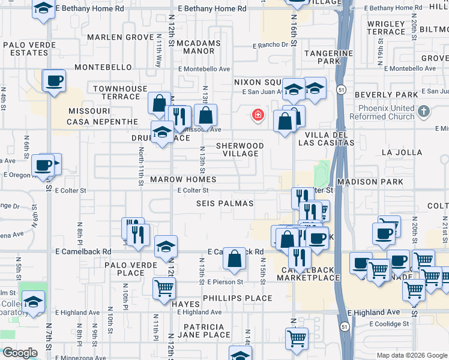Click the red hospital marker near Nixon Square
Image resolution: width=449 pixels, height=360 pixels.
(259, 115)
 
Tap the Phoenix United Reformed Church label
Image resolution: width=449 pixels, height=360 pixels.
(386, 112)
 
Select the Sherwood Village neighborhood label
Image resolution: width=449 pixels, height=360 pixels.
(240, 149)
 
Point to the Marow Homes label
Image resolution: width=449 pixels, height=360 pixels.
(183, 179)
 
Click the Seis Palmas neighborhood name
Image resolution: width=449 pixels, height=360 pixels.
(224, 203)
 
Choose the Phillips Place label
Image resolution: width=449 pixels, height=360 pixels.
(238, 298)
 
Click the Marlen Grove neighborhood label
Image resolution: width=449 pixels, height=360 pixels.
(120, 37)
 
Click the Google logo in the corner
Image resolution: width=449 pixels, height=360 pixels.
(20, 353)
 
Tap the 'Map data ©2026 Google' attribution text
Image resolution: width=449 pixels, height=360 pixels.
(411, 355)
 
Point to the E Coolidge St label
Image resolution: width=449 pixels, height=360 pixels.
(389, 324)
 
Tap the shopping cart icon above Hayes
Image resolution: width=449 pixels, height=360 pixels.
(164, 289)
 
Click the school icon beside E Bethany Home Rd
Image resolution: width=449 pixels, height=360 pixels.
(43, 10)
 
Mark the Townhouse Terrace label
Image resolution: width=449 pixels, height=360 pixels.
(120, 92)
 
